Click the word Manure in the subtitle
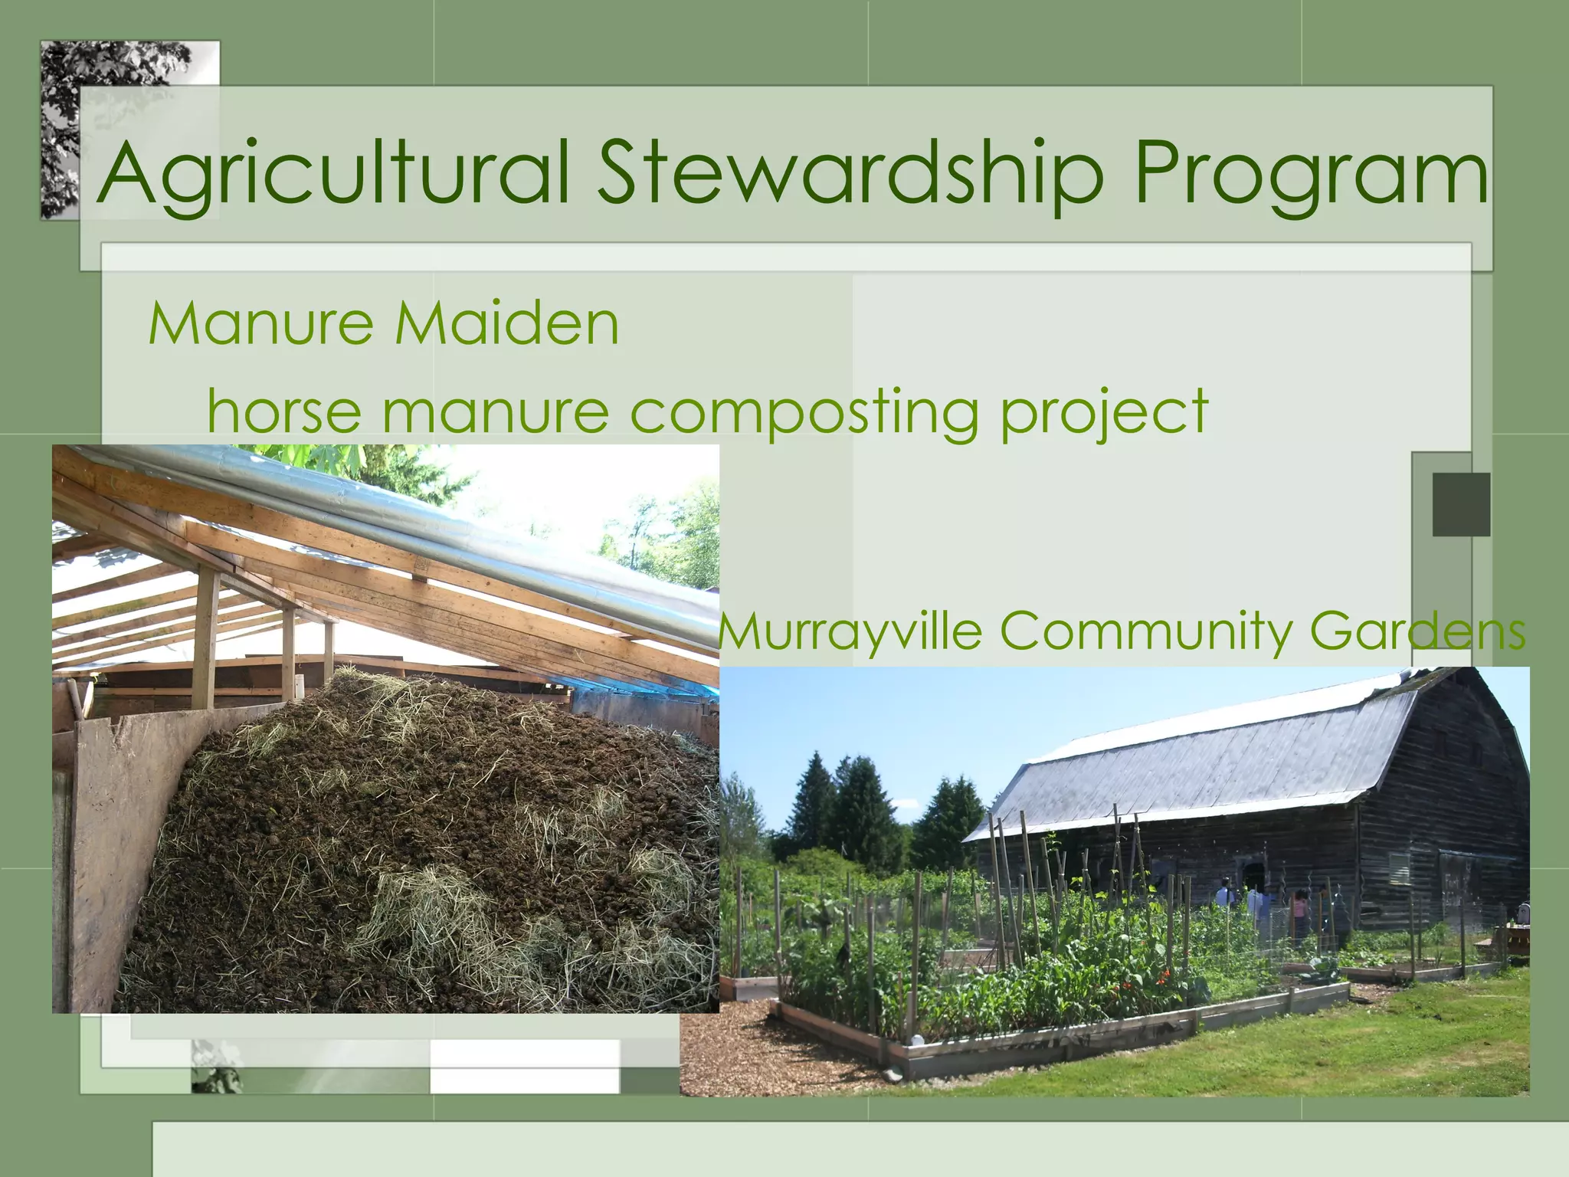tap(260, 323)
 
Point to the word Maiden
tap(506, 323)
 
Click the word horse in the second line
tap(284, 411)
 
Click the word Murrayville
tap(850, 632)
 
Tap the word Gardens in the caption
tap(1417, 632)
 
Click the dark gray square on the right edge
tap(1461, 504)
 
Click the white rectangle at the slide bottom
tap(524, 1066)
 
